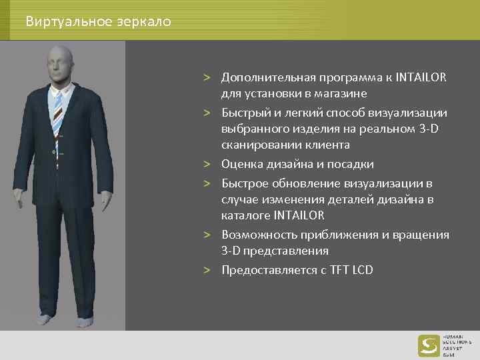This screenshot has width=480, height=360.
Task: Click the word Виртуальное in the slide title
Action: coord(57,21)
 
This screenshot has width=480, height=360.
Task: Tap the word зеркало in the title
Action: coord(145,22)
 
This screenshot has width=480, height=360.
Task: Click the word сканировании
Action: coord(253,145)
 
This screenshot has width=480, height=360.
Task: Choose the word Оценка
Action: coord(241,164)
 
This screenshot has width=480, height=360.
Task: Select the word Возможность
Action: coord(256,235)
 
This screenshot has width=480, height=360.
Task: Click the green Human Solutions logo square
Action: coord(428,345)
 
